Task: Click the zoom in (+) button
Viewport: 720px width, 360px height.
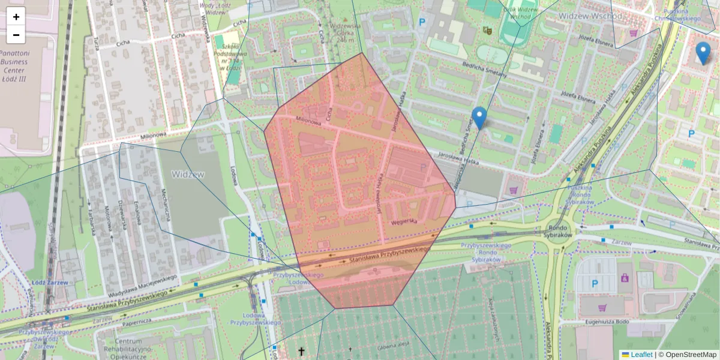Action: pos(16,17)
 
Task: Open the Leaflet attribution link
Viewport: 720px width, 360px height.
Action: pos(641,355)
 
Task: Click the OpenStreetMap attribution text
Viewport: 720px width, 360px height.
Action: pos(690,355)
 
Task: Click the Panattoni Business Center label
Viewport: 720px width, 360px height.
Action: pos(14,62)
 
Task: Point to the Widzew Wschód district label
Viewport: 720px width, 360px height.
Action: pos(590,16)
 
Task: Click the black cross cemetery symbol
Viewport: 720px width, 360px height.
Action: pos(301,350)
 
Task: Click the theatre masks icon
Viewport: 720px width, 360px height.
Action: pos(487,29)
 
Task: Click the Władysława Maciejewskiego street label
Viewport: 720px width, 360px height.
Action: pos(141,286)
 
